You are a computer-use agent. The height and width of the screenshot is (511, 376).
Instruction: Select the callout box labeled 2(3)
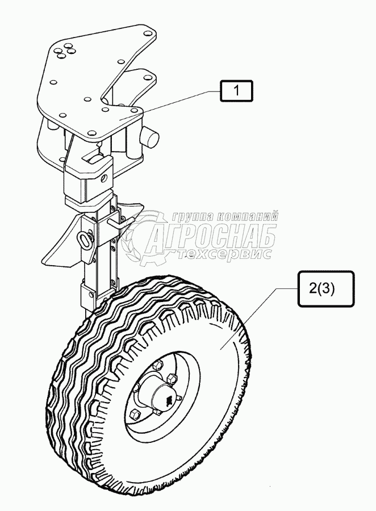[x=323, y=288]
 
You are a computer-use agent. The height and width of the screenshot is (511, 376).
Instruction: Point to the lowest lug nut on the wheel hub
[x=135, y=412]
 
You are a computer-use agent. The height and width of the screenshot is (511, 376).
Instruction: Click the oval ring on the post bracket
[x=86, y=242]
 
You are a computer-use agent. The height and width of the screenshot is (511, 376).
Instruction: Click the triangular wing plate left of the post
[x=60, y=244]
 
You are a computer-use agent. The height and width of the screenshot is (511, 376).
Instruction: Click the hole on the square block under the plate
[x=105, y=177]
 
